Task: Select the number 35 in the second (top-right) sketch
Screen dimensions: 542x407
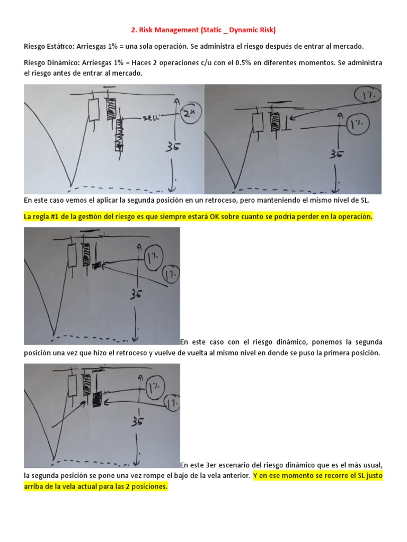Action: coord(336,154)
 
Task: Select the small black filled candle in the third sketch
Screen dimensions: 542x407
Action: coord(97,265)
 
